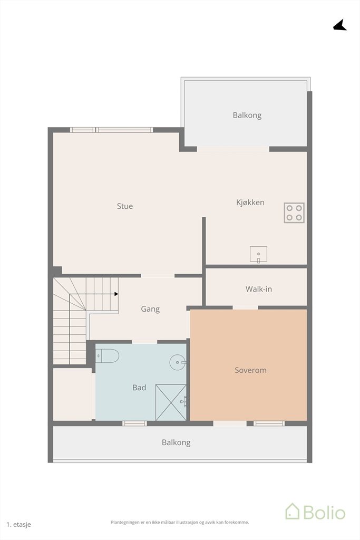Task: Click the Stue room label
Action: pyautogui.click(x=124, y=206)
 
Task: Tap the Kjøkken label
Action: pyautogui.click(x=250, y=202)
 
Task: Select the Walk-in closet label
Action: pyautogui.click(x=258, y=288)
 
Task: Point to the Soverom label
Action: pyautogui.click(x=250, y=370)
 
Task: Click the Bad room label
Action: pyautogui.click(x=139, y=388)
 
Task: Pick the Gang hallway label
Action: pyautogui.click(x=150, y=309)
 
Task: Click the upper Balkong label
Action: pyautogui.click(x=247, y=115)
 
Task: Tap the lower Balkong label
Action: pyautogui.click(x=176, y=442)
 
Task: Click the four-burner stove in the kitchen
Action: pyautogui.click(x=294, y=213)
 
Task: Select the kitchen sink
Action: pyautogui.click(x=258, y=255)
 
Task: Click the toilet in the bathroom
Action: pyautogui.click(x=107, y=356)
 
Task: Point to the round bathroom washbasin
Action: pyautogui.click(x=178, y=362)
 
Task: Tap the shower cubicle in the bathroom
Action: pyautogui.click(x=171, y=402)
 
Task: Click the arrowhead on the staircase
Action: pyautogui.click(x=116, y=294)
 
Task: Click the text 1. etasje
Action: pyautogui.click(x=18, y=525)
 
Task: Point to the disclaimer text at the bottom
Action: pyautogui.click(x=180, y=523)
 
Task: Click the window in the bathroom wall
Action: pyautogui.click(x=134, y=423)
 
